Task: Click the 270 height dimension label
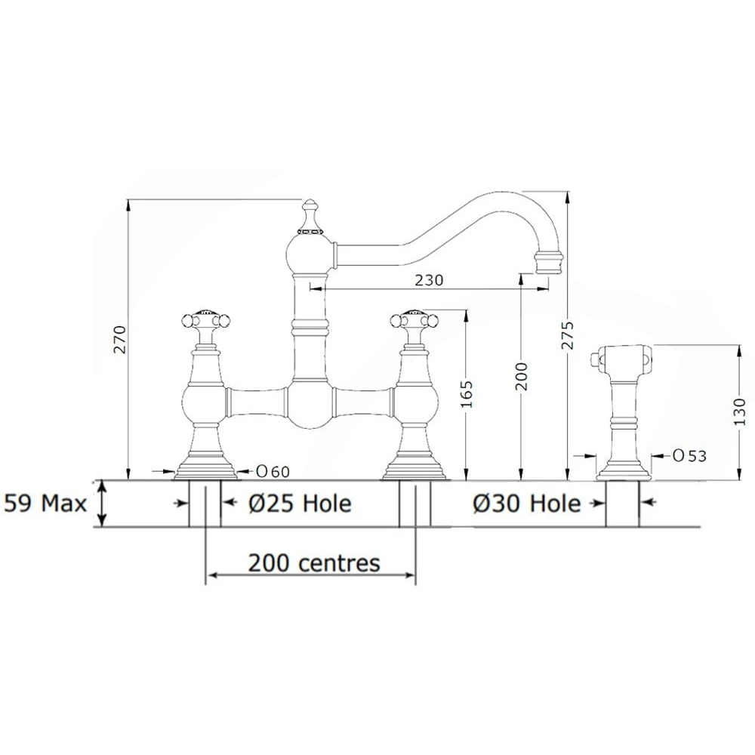119,340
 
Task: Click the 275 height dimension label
568,335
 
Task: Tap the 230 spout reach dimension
429,280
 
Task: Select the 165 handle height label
467,394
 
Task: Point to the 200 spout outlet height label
522,376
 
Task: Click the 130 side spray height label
741,411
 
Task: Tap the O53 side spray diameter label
689,455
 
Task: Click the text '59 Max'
45,504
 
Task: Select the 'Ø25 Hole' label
300,504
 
